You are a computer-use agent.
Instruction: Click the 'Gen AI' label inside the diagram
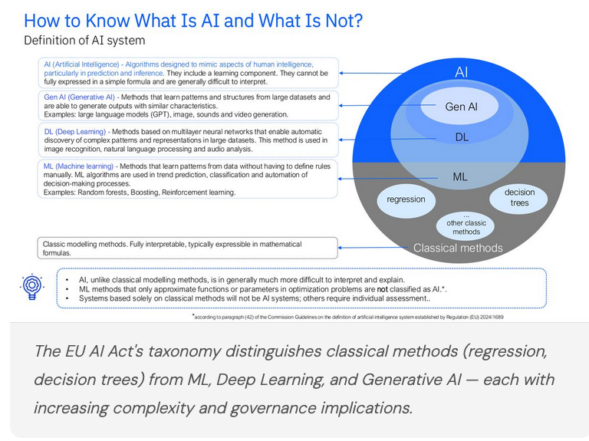461,107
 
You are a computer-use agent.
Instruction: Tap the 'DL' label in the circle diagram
461,137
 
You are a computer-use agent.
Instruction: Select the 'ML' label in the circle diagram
460,176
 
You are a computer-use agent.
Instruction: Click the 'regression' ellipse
406,199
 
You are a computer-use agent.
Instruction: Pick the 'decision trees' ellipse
519,197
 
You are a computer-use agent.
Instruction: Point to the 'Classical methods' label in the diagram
458,248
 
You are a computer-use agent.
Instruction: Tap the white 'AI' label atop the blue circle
461,72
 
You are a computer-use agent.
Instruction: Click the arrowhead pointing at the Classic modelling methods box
341,248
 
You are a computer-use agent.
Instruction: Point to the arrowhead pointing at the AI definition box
341,72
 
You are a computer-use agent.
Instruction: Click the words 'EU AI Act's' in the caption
100,351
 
